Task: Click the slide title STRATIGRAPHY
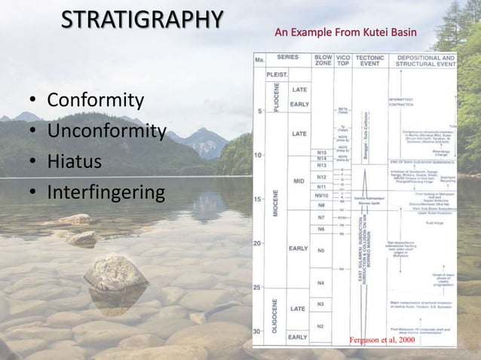[141, 20]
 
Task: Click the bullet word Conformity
[95, 100]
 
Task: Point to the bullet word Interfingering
[105, 193]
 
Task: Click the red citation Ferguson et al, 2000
[381, 340]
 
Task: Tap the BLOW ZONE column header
[323, 60]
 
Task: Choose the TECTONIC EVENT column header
[370, 60]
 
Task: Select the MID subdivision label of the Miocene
[298, 182]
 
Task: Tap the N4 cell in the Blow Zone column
[321, 283]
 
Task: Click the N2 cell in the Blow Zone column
[321, 325]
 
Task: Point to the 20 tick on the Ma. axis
[259, 243]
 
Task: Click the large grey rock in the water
[115, 273]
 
